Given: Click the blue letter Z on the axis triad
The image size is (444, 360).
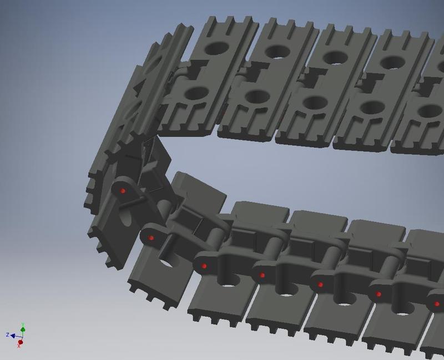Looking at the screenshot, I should [x=8, y=335].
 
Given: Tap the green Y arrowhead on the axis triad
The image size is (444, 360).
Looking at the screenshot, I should [x=22, y=329].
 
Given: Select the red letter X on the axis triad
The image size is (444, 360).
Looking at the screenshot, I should [x=19, y=347].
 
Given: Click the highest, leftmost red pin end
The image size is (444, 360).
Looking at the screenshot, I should [x=123, y=191].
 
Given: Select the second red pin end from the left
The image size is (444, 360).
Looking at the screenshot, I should [x=151, y=238].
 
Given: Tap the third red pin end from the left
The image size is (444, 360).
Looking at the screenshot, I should [x=204, y=267].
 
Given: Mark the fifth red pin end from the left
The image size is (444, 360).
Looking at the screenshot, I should [x=321, y=285].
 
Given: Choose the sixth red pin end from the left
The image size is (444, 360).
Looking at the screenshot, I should [x=379, y=294].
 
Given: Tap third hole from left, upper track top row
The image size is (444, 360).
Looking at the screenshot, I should [x=335, y=57].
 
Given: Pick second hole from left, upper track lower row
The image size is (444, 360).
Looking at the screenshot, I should [x=256, y=97].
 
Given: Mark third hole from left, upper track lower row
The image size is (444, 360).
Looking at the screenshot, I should [x=314, y=102].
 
